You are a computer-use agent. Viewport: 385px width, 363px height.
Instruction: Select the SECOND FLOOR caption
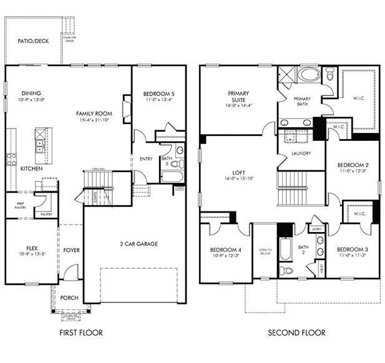296,332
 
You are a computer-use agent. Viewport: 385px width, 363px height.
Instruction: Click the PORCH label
69,298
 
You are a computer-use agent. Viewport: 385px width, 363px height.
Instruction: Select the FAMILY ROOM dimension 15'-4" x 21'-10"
94,120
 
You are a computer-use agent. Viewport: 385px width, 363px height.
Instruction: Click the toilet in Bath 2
286,271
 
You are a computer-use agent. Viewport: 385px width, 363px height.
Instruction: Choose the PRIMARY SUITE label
238,99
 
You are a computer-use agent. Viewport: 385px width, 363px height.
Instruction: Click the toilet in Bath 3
177,164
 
